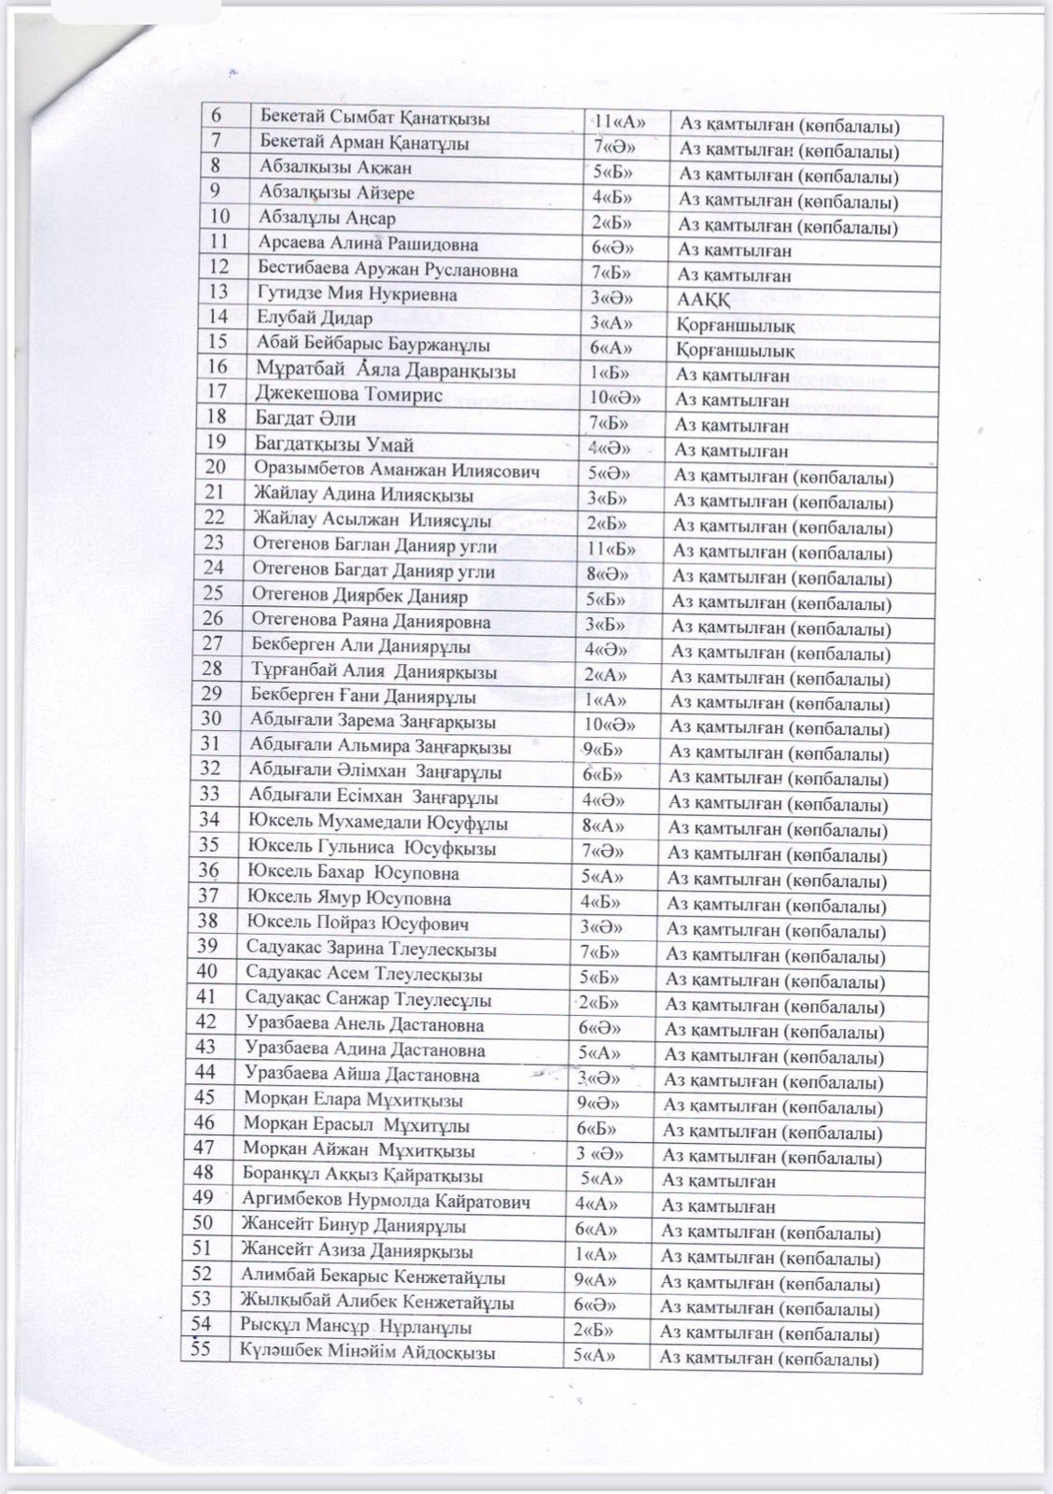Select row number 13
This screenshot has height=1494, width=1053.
(220, 293)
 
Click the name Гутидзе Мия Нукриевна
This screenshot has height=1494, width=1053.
(344, 294)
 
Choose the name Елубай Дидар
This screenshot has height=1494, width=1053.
(301, 318)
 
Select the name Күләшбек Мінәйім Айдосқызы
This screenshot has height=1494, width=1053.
(368, 1352)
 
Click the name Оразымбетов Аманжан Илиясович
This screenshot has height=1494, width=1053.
(396, 471)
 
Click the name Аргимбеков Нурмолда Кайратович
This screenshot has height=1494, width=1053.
(386, 1201)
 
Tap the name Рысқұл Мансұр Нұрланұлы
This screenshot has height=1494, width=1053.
(356, 1327)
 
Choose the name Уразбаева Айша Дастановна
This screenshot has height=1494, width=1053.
(361, 1076)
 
